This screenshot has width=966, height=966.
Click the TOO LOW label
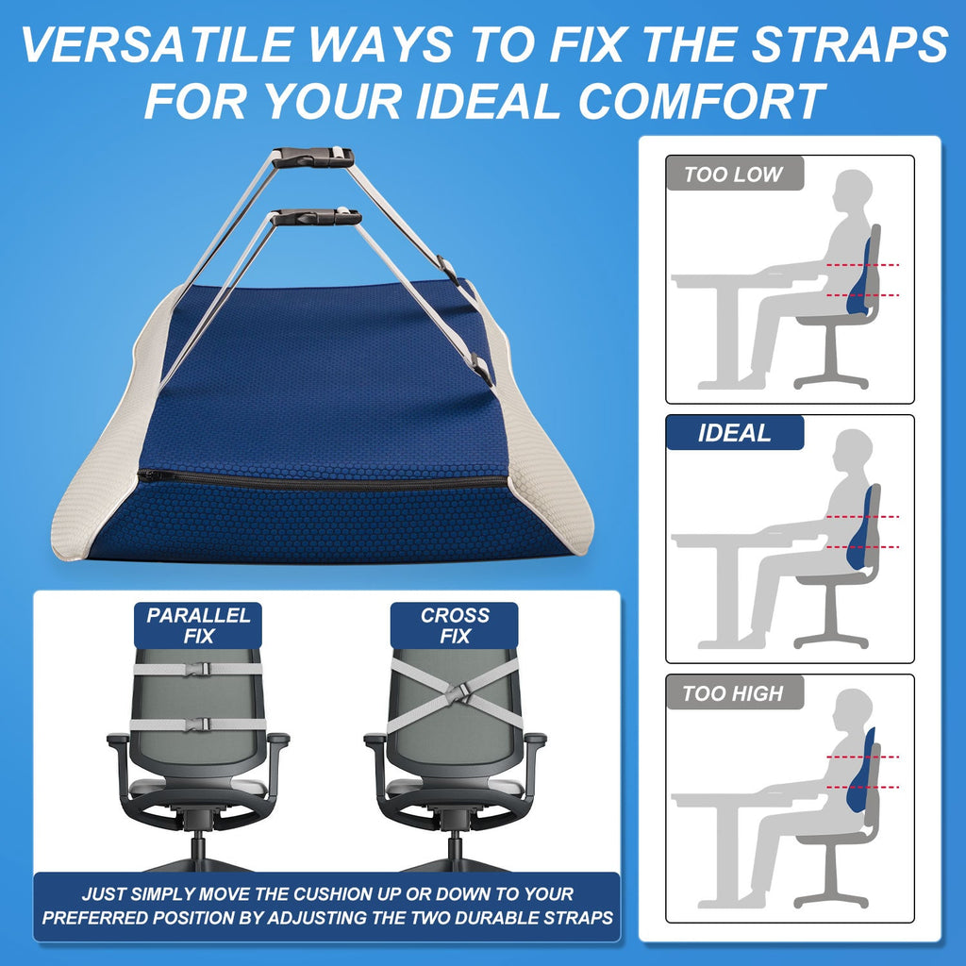[734, 175]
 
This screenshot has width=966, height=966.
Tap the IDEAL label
[734, 434]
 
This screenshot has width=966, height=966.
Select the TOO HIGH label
[733, 693]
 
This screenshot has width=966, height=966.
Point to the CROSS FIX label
[455, 625]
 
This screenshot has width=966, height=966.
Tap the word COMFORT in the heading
[702, 100]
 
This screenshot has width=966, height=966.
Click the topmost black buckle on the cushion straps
[313, 158]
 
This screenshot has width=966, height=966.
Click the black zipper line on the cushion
[321, 480]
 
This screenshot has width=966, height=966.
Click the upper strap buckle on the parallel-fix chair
[198, 668]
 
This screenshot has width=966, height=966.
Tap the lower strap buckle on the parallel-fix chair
[198, 724]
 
